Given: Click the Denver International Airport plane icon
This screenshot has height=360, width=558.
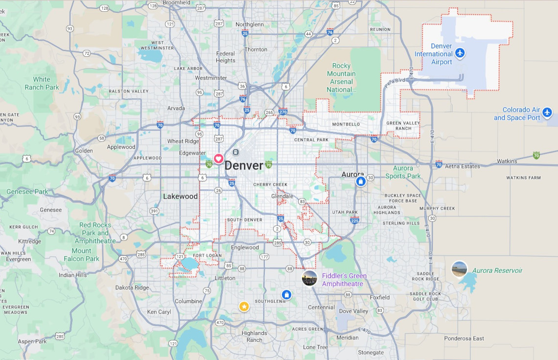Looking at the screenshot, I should click(460, 53).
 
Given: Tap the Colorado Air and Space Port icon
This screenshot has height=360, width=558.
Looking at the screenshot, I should click(547, 113).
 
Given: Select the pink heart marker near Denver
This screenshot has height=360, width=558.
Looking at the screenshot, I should click(218, 158).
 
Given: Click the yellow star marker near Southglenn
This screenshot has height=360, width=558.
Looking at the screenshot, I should click(244, 306).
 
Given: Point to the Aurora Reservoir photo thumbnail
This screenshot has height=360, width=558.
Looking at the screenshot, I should click(459, 269).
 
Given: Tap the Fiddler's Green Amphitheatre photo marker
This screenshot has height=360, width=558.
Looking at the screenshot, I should click(309, 278).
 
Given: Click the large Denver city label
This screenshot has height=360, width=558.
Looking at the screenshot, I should click(244, 165).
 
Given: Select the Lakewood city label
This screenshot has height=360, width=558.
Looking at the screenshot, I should click(180, 196).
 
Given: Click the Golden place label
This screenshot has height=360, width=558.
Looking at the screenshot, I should click(84, 151).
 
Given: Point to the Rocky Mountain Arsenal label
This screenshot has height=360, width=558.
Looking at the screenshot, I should click(341, 78).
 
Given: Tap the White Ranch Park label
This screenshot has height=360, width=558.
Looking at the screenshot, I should click(42, 83).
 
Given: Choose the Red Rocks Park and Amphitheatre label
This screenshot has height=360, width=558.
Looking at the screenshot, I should click(95, 233).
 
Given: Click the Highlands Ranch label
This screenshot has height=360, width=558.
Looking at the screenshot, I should click(255, 337).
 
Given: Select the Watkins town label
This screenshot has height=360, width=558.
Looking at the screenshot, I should click(507, 161).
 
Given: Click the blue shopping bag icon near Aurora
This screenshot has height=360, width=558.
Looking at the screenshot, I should click(361, 181).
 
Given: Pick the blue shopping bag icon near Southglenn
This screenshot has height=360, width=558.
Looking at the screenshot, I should click(286, 294).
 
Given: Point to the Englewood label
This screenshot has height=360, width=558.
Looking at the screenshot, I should click(245, 247).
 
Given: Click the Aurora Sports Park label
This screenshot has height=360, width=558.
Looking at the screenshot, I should click(403, 172).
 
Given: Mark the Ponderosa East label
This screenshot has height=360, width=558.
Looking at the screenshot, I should click(464, 338).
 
